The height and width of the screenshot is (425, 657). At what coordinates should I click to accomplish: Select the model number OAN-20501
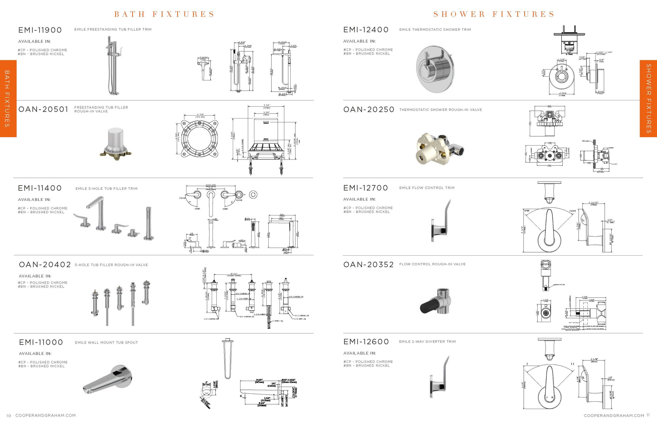click(43, 109)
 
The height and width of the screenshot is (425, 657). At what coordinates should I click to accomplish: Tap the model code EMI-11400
click(40, 188)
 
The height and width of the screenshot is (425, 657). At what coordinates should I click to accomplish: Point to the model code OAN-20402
click(45, 265)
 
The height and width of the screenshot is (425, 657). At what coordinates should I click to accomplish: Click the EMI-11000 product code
click(41, 343)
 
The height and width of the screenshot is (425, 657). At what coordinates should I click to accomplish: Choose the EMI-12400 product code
click(366, 29)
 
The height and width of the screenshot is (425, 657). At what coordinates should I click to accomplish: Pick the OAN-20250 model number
click(368, 110)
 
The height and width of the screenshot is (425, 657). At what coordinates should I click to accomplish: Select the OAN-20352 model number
click(368, 265)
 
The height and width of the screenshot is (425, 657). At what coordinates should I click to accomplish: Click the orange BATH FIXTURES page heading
click(164, 14)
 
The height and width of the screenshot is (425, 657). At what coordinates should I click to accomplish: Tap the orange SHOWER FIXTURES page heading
click(494, 14)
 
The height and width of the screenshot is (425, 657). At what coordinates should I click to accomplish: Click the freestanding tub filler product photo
click(113, 66)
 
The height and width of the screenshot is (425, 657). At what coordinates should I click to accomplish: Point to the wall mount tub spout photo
click(108, 380)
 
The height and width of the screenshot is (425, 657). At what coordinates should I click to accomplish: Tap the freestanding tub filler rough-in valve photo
click(115, 142)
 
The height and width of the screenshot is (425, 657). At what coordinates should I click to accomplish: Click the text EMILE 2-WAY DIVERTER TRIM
click(427, 342)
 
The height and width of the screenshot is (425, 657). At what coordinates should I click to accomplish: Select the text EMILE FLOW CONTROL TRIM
click(427, 188)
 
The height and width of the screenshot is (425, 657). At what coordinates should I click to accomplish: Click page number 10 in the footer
click(9, 416)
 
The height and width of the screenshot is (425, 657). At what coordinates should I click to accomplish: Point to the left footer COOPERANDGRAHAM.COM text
click(45, 415)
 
